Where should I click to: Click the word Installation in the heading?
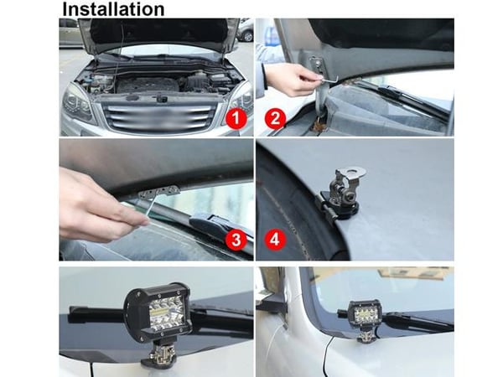[113, 8]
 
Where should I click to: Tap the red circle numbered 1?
[236, 119]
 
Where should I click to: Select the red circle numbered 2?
[275, 119]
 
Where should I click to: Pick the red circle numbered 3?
[236, 240]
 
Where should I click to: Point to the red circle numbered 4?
[275, 240]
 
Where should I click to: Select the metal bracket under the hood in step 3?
[158, 192]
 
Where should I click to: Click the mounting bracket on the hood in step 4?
[342, 194]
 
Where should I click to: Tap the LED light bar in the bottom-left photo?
[158, 310]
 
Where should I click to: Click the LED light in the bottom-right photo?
[365, 313]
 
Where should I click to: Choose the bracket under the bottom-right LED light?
[366, 335]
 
